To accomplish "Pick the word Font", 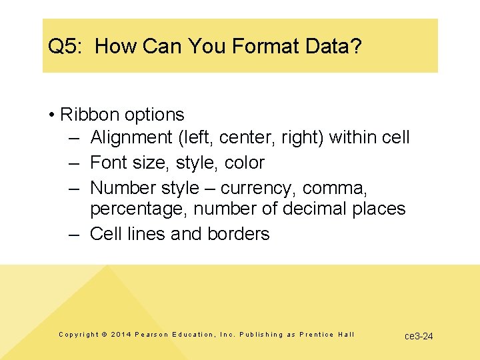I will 108,163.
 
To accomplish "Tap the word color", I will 245,163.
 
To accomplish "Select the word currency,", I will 259,188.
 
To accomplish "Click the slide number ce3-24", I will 419,336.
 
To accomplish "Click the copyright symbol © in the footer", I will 103,335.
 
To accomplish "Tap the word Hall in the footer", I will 346,335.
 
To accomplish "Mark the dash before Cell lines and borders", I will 75,234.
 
